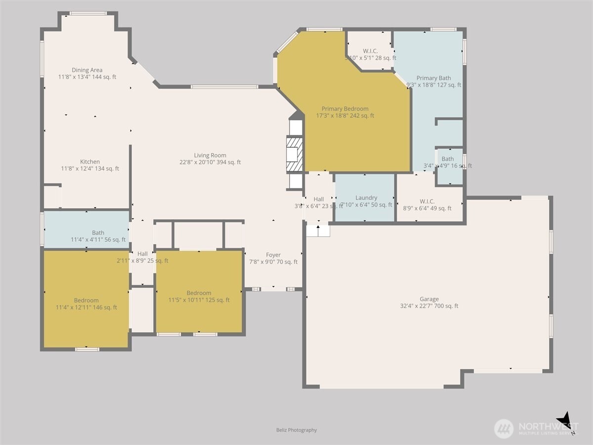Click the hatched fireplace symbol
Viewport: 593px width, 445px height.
pos(294,154)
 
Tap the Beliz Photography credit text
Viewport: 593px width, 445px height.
pos(296,430)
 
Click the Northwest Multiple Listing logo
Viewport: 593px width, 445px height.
pos(536,428)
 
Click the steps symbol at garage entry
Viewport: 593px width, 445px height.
pos(318,230)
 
